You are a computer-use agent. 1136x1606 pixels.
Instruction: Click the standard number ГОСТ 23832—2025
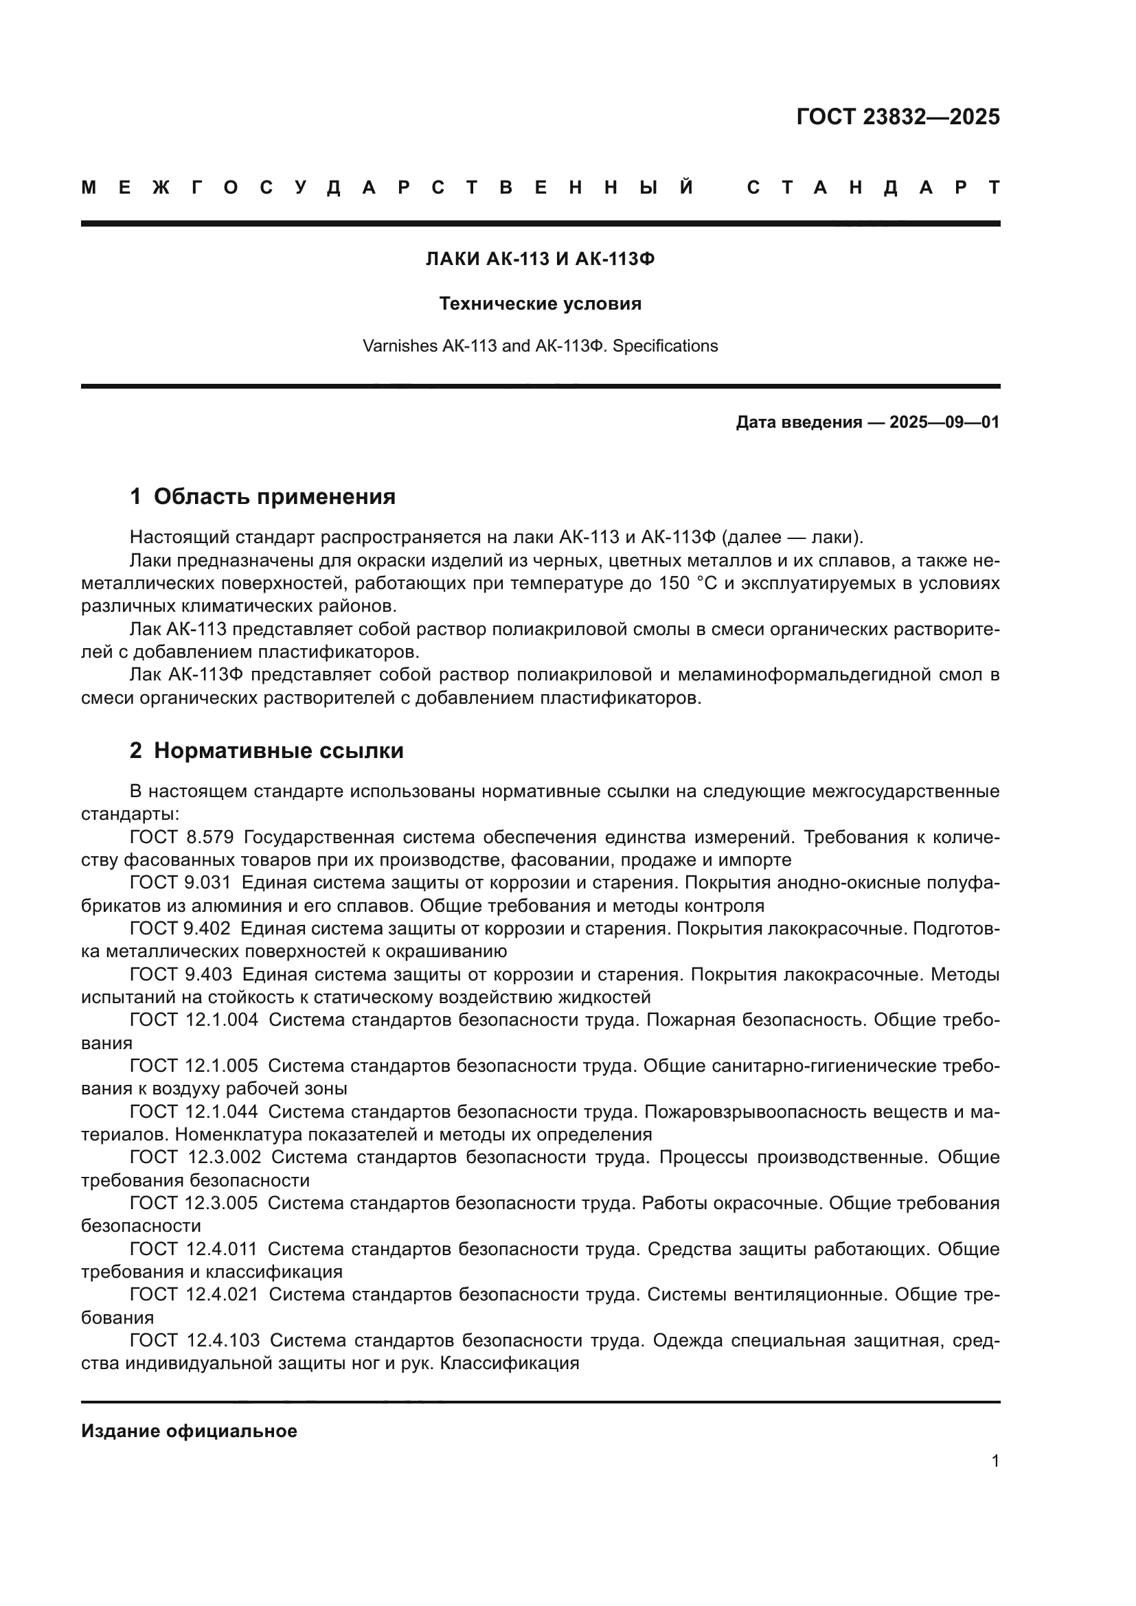point(898,117)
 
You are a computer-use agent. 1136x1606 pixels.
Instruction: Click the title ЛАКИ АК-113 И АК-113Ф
point(540,260)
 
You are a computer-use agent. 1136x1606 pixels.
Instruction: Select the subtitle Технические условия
point(540,303)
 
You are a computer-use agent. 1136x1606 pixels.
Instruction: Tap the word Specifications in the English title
point(666,346)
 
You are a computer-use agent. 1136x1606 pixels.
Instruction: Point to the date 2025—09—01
point(944,422)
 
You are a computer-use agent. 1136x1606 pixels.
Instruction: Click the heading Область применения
point(274,496)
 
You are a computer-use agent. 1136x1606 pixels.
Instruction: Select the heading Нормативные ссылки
point(278,750)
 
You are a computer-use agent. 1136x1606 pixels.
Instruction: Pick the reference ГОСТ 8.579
point(181,837)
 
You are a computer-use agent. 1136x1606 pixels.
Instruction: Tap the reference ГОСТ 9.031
point(180,883)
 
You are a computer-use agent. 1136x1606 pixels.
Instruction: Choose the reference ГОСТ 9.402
point(180,929)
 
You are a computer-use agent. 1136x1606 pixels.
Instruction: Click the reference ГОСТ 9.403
point(181,974)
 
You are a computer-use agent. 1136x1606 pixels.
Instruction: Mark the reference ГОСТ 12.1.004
point(194,1020)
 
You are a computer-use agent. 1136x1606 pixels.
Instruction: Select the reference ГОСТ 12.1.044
point(194,1112)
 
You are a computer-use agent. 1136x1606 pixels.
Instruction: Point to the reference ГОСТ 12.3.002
point(195,1157)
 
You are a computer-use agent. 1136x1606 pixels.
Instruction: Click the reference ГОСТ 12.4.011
point(194,1248)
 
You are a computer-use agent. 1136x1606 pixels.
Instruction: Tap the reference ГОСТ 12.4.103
point(194,1340)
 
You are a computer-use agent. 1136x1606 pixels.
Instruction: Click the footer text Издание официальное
point(189,1431)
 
